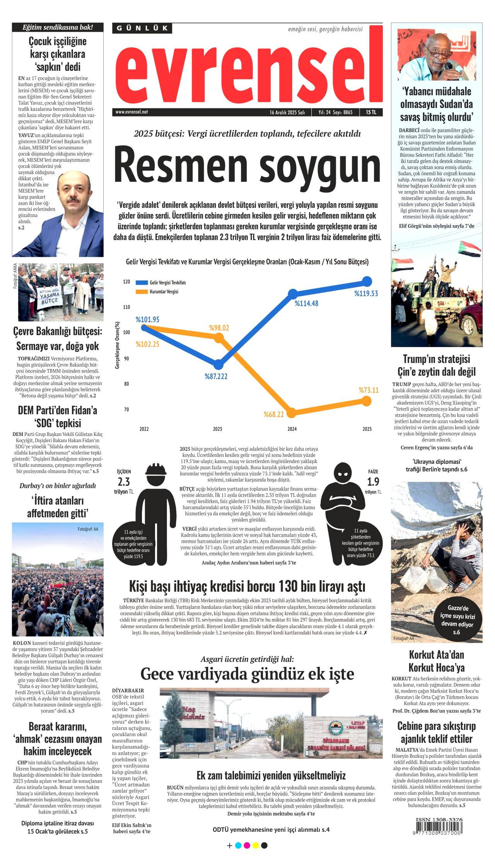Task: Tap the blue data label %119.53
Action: pyautogui.click(x=366, y=294)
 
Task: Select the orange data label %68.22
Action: pyautogui.click(x=274, y=415)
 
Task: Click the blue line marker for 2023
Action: pyautogui.click(x=218, y=364)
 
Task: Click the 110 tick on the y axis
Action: pyautogui.click(x=126, y=307)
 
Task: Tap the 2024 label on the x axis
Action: pyautogui.click(x=292, y=429)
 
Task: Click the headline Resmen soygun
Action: pyautogui.click(x=247, y=166)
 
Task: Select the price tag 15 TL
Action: pyautogui.click(x=370, y=112)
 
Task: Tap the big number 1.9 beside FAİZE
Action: pyautogui.click(x=373, y=482)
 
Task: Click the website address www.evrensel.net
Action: pyautogui.click(x=131, y=112)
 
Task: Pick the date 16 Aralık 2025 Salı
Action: pyautogui.click(x=287, y=113)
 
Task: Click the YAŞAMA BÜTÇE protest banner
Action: pyautogui.click(x=49, y=297)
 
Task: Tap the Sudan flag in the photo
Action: pyautogui.click(x=469, y=249)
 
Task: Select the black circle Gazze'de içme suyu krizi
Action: pyautogui.click(x=457, y=620)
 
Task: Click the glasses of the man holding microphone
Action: pyautogui.click(x=439, y=53)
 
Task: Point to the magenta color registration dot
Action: pyautogui.click(x=247, y=846)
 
